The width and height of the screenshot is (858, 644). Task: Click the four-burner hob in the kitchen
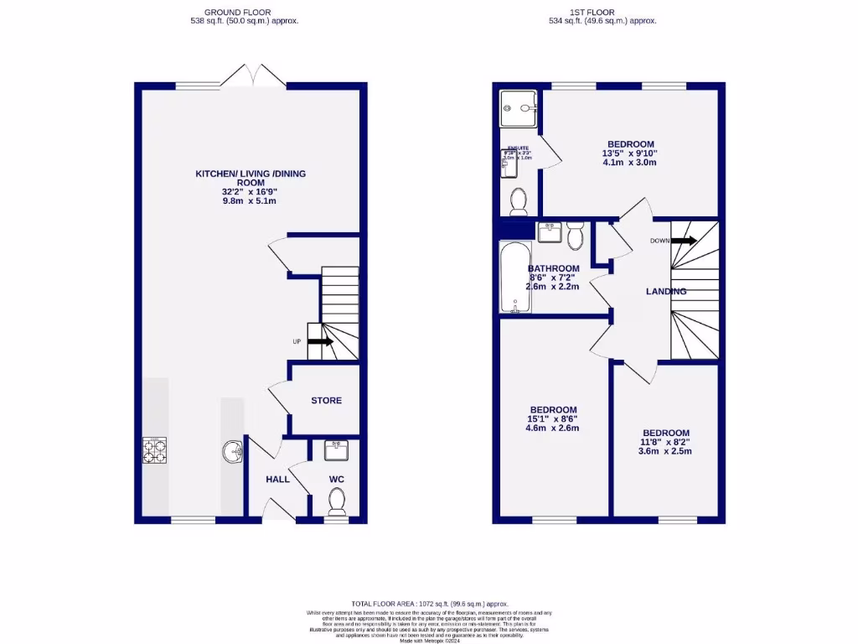pyautogui.click(x=155, y=452)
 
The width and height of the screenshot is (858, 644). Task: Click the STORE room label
pyautogui.click(x=326, y=401)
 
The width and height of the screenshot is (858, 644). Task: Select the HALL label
pyautogui.click(x=277, y=479)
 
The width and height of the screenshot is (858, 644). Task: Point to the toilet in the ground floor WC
pyautogui.click(x=337, y=501)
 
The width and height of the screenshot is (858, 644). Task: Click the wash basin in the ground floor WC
pyautogui.click(x=338, y=451)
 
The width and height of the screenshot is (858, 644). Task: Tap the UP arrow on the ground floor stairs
pyautogui.click(x=320, y=341)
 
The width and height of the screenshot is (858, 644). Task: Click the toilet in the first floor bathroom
pyautogui.click(x=575, y=236)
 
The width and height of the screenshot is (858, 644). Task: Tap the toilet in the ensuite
pyautogui.click(x=519, y=201)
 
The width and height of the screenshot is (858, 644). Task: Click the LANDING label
pyautogui.click(x=666, y=292)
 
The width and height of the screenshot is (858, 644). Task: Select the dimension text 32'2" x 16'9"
pyautogui.click(x=250, y=191)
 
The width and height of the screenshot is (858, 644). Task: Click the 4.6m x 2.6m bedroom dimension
pyautogui.click(x=552, y=428)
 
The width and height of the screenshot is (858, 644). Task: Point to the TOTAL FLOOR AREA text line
pyautogui.click(x=429, y=604)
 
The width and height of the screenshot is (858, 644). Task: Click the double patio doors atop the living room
pyautogui.click(x=254, y=75)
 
